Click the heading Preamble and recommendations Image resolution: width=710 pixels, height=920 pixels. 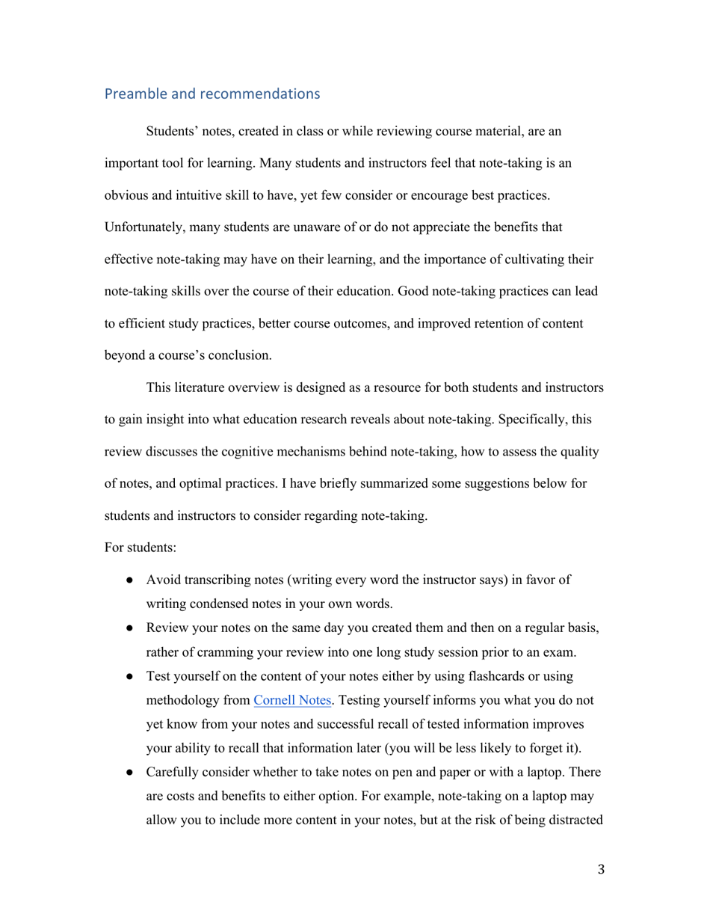coord(212,94)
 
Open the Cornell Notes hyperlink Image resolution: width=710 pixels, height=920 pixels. coord(291,701)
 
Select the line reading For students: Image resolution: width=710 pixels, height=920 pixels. coord(141,547)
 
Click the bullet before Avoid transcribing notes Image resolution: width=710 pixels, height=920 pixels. coord(130,580)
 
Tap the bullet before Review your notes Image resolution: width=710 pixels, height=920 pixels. coord(130,628)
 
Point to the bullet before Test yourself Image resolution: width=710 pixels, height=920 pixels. coord(130,677)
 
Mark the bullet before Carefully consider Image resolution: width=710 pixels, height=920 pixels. coord(130,772)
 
